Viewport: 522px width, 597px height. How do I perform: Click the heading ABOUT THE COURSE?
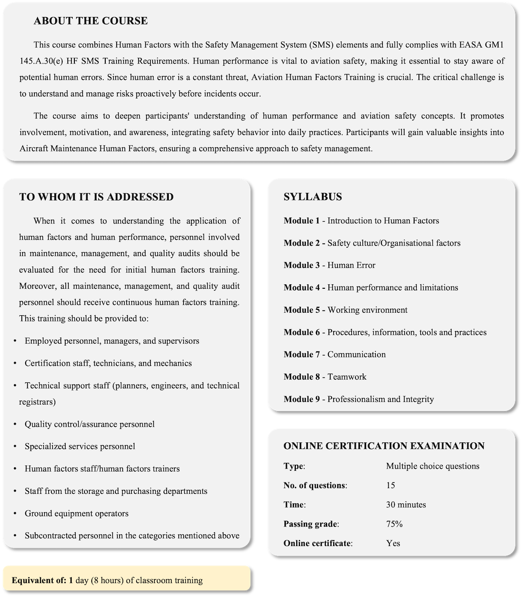point(90,21)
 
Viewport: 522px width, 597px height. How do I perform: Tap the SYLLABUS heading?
point(312,197)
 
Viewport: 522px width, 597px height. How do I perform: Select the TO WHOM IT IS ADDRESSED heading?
point(96,197)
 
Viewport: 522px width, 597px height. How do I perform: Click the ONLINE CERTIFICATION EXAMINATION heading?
point(384,446)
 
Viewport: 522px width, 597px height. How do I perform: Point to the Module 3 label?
point(301,265)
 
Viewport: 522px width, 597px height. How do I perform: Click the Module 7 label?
point(301,354)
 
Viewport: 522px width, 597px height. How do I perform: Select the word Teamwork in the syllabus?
point(347,377)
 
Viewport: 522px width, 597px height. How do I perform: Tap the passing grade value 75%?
point(394,524)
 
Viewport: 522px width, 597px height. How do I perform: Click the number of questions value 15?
point(390,485)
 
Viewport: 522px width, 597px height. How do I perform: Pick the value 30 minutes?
point(406,505)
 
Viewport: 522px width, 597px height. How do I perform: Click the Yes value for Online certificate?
point(393,543)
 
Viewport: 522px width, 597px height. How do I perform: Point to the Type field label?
point(294,466)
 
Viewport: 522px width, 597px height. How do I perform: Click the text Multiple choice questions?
point(432,466)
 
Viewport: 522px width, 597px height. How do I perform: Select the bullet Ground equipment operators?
point(77,513)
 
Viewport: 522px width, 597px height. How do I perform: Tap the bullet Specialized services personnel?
point(80,446)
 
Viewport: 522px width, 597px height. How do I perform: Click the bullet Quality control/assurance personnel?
point(90,424)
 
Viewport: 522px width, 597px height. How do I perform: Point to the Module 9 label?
point(301,399)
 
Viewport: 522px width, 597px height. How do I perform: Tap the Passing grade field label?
point(310,524)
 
